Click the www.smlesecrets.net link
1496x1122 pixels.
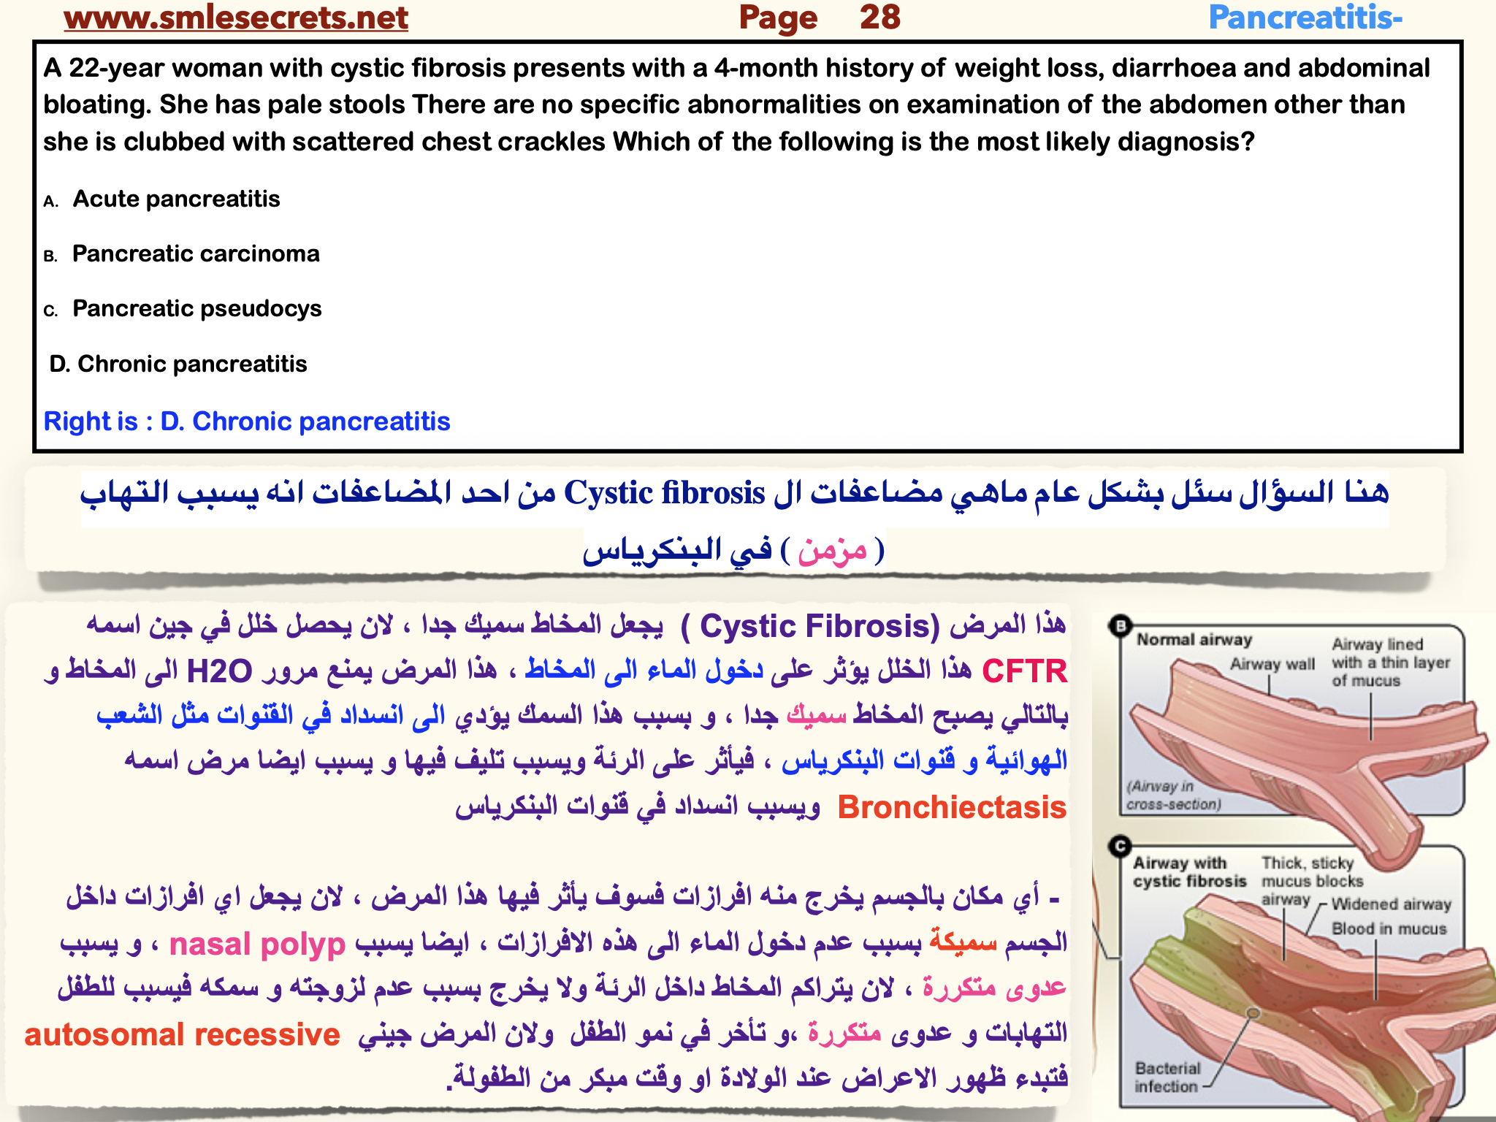(x=235, y=18)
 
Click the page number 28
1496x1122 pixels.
(x=879, y=18)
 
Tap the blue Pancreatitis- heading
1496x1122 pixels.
(x=1305, y=18)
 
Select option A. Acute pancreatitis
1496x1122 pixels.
(x=175, y=199)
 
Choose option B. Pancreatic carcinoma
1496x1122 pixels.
(x=195, y=253)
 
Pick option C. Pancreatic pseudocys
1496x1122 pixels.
(x=196, y=308)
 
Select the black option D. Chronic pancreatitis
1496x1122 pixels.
(x=178, y=364)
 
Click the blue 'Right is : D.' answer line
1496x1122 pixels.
(x=246, y=421)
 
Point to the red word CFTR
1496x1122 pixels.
(x=1024, y=671)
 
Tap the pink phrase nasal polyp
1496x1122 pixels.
(x=257, y=944)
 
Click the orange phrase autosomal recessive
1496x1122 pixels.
(x=182, y=1035)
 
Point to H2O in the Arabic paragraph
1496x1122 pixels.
(x=219, y=671)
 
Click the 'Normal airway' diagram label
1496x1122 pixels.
(x=1194, y=640)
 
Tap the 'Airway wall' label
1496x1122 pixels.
(x=1272, y=664)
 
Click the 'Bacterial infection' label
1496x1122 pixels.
(x=1167, y=1077)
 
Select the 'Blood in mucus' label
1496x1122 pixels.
(x=1389, y=928)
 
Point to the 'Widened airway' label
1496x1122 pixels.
(x=1391, y=904)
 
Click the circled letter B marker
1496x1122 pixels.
(x=1120, y=625)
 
